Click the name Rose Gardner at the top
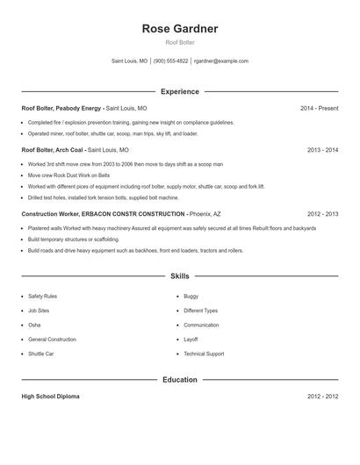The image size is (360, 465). (180, 29)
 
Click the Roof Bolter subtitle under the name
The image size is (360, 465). (180, 42)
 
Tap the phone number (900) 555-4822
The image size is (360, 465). (171, 61)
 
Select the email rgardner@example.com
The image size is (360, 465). (221, 61)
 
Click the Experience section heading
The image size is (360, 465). (180, 91)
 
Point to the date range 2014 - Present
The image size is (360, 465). (319, 108)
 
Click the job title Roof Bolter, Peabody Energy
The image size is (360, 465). (61, 108)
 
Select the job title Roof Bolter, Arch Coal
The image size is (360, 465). (53, 150)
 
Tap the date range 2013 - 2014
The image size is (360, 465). (322, 150)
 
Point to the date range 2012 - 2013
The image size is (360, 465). (322, 214)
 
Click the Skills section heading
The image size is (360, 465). (180, 275)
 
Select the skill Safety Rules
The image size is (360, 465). (42, 297)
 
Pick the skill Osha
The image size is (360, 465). (34, 325)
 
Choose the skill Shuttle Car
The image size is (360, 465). (40, 354)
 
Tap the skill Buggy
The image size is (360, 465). (191, 297)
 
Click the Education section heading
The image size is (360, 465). (180, 380)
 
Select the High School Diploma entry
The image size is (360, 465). (50, 397)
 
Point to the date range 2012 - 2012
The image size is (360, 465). (322, 397)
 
